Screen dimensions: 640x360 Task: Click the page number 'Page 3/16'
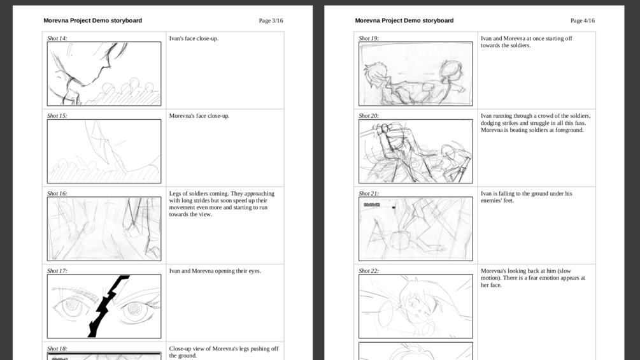coord(271,21)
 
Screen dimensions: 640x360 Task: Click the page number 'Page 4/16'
coord(583,21)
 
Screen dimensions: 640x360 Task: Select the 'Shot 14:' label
coord(57,38)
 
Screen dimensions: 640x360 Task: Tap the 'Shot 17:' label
coord(57,271)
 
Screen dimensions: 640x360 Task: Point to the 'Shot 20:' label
coord(369,116)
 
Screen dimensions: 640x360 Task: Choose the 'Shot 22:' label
coord(369,271)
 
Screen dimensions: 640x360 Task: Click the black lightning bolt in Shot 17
coord(106,306)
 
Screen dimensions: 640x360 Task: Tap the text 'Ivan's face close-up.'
coord(194,39)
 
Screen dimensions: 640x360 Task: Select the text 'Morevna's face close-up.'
coord(199,116)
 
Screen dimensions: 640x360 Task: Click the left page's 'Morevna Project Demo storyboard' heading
coord(92,20)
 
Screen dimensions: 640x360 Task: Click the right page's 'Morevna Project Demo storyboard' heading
coord(404,20)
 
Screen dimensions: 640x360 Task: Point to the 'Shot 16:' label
coord(57,194)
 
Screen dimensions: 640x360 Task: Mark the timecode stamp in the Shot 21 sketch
coord(372,205)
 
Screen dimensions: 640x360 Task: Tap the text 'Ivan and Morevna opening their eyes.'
coord(215,271)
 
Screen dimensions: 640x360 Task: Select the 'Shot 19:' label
coord(369,38)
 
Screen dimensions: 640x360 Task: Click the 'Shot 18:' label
coord(57,349)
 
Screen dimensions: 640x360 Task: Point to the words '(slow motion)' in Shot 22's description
coord(530,274)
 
